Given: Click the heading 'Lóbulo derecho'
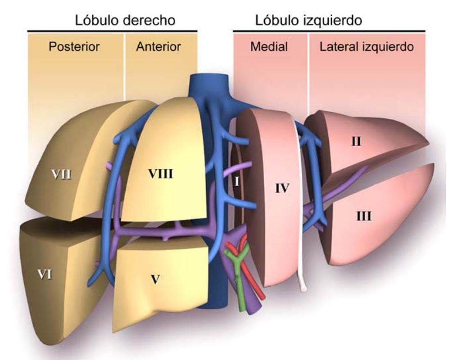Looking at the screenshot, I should (x=125, y=20).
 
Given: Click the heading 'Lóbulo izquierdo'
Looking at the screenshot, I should (x=309, y=20).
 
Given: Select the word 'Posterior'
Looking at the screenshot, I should (x=74, y=46).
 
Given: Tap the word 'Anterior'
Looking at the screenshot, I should (x=158, y=46).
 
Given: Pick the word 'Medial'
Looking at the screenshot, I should (x=269, y=46).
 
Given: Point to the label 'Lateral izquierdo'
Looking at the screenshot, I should (x=367, y=46).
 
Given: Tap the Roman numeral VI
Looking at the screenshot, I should (x=43, y=274).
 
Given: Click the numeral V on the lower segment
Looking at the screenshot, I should (x=155, y=279).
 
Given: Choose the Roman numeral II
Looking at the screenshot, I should (x=356, y=141).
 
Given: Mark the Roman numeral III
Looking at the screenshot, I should (x=363, y=216).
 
